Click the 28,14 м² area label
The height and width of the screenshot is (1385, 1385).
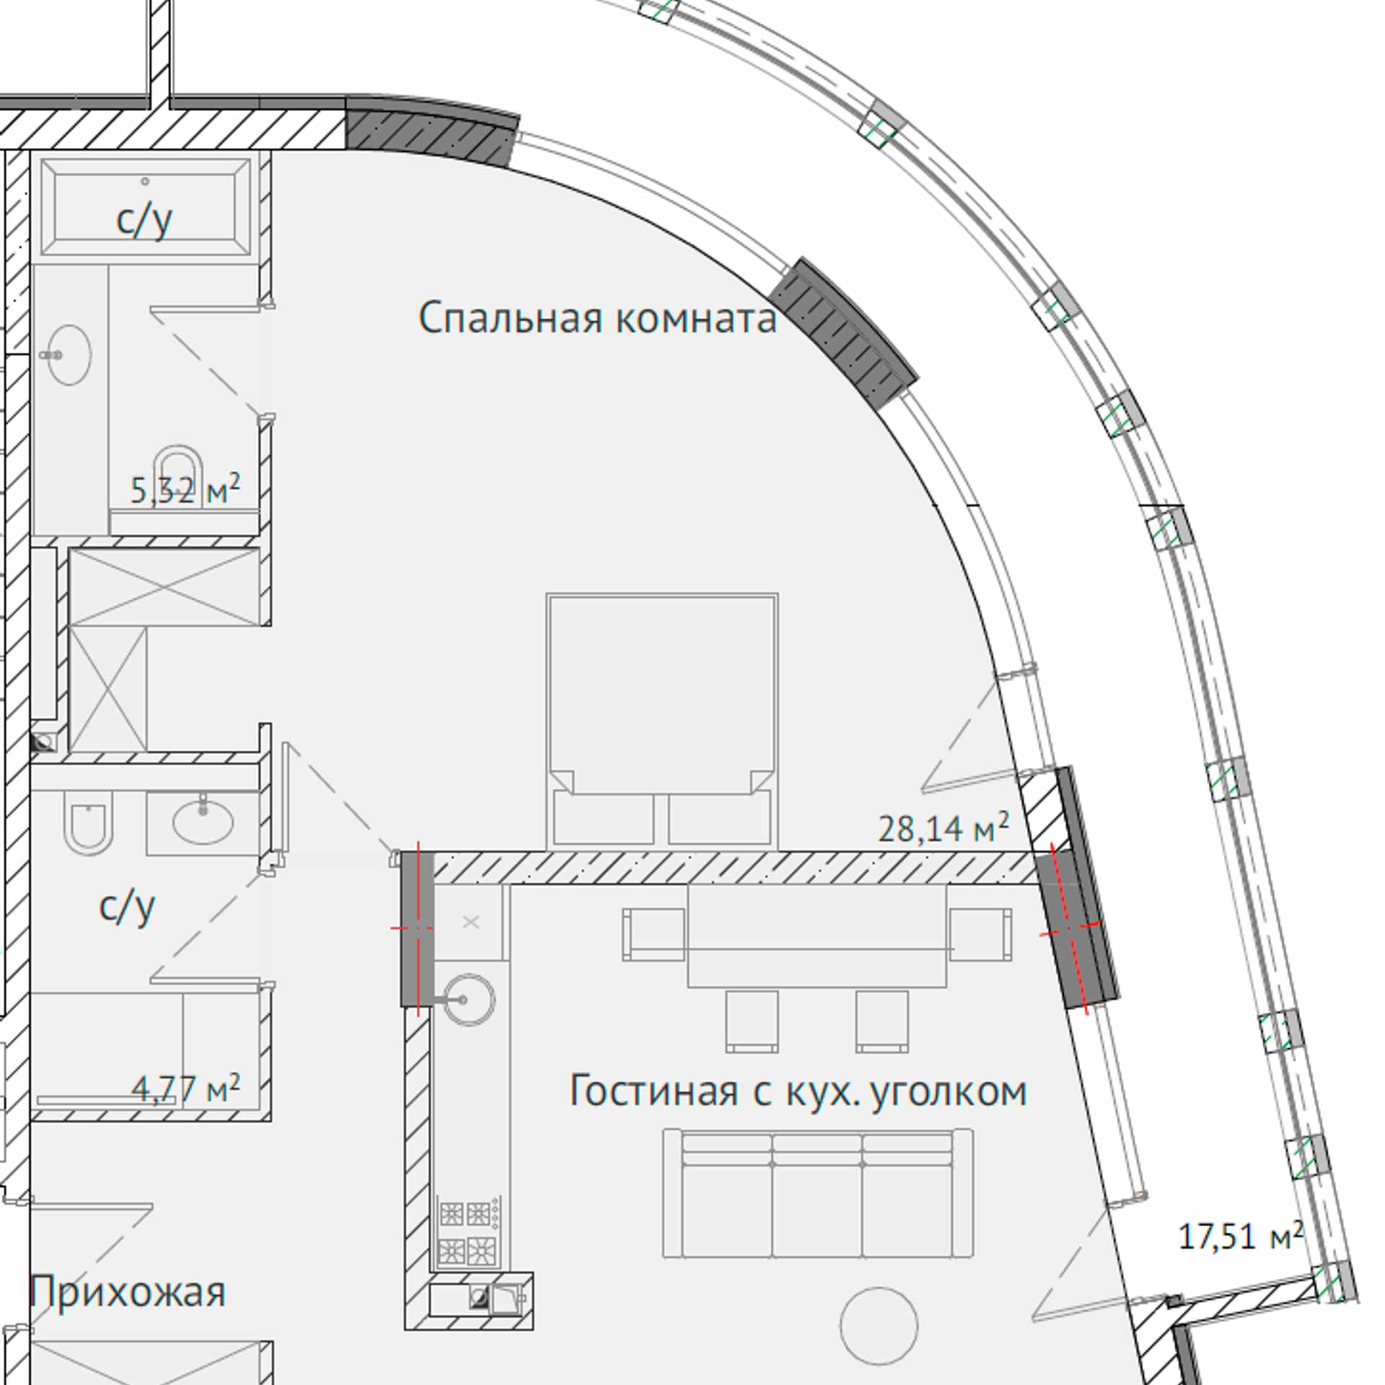point(943,827)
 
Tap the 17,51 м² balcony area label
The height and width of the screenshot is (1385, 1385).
point(1241,1236)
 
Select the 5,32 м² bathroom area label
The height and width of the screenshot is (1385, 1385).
point(185,490)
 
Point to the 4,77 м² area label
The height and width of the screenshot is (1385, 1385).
point(185,1088)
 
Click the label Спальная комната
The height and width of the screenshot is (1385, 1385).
point(597,317)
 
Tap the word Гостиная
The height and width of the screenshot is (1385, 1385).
point(654,1091)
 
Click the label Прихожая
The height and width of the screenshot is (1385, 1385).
point(127,1291)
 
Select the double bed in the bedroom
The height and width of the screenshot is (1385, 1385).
point(662,719)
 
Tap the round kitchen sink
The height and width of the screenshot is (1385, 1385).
point(468,1000)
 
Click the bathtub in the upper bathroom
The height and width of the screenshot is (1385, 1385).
point(146,207)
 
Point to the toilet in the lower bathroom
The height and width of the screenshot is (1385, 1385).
point(89,822)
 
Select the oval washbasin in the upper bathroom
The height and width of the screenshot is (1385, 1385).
point(69,355)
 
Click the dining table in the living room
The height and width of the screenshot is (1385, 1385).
point(817,936)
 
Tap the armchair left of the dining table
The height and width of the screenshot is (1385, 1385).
point(654,934)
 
